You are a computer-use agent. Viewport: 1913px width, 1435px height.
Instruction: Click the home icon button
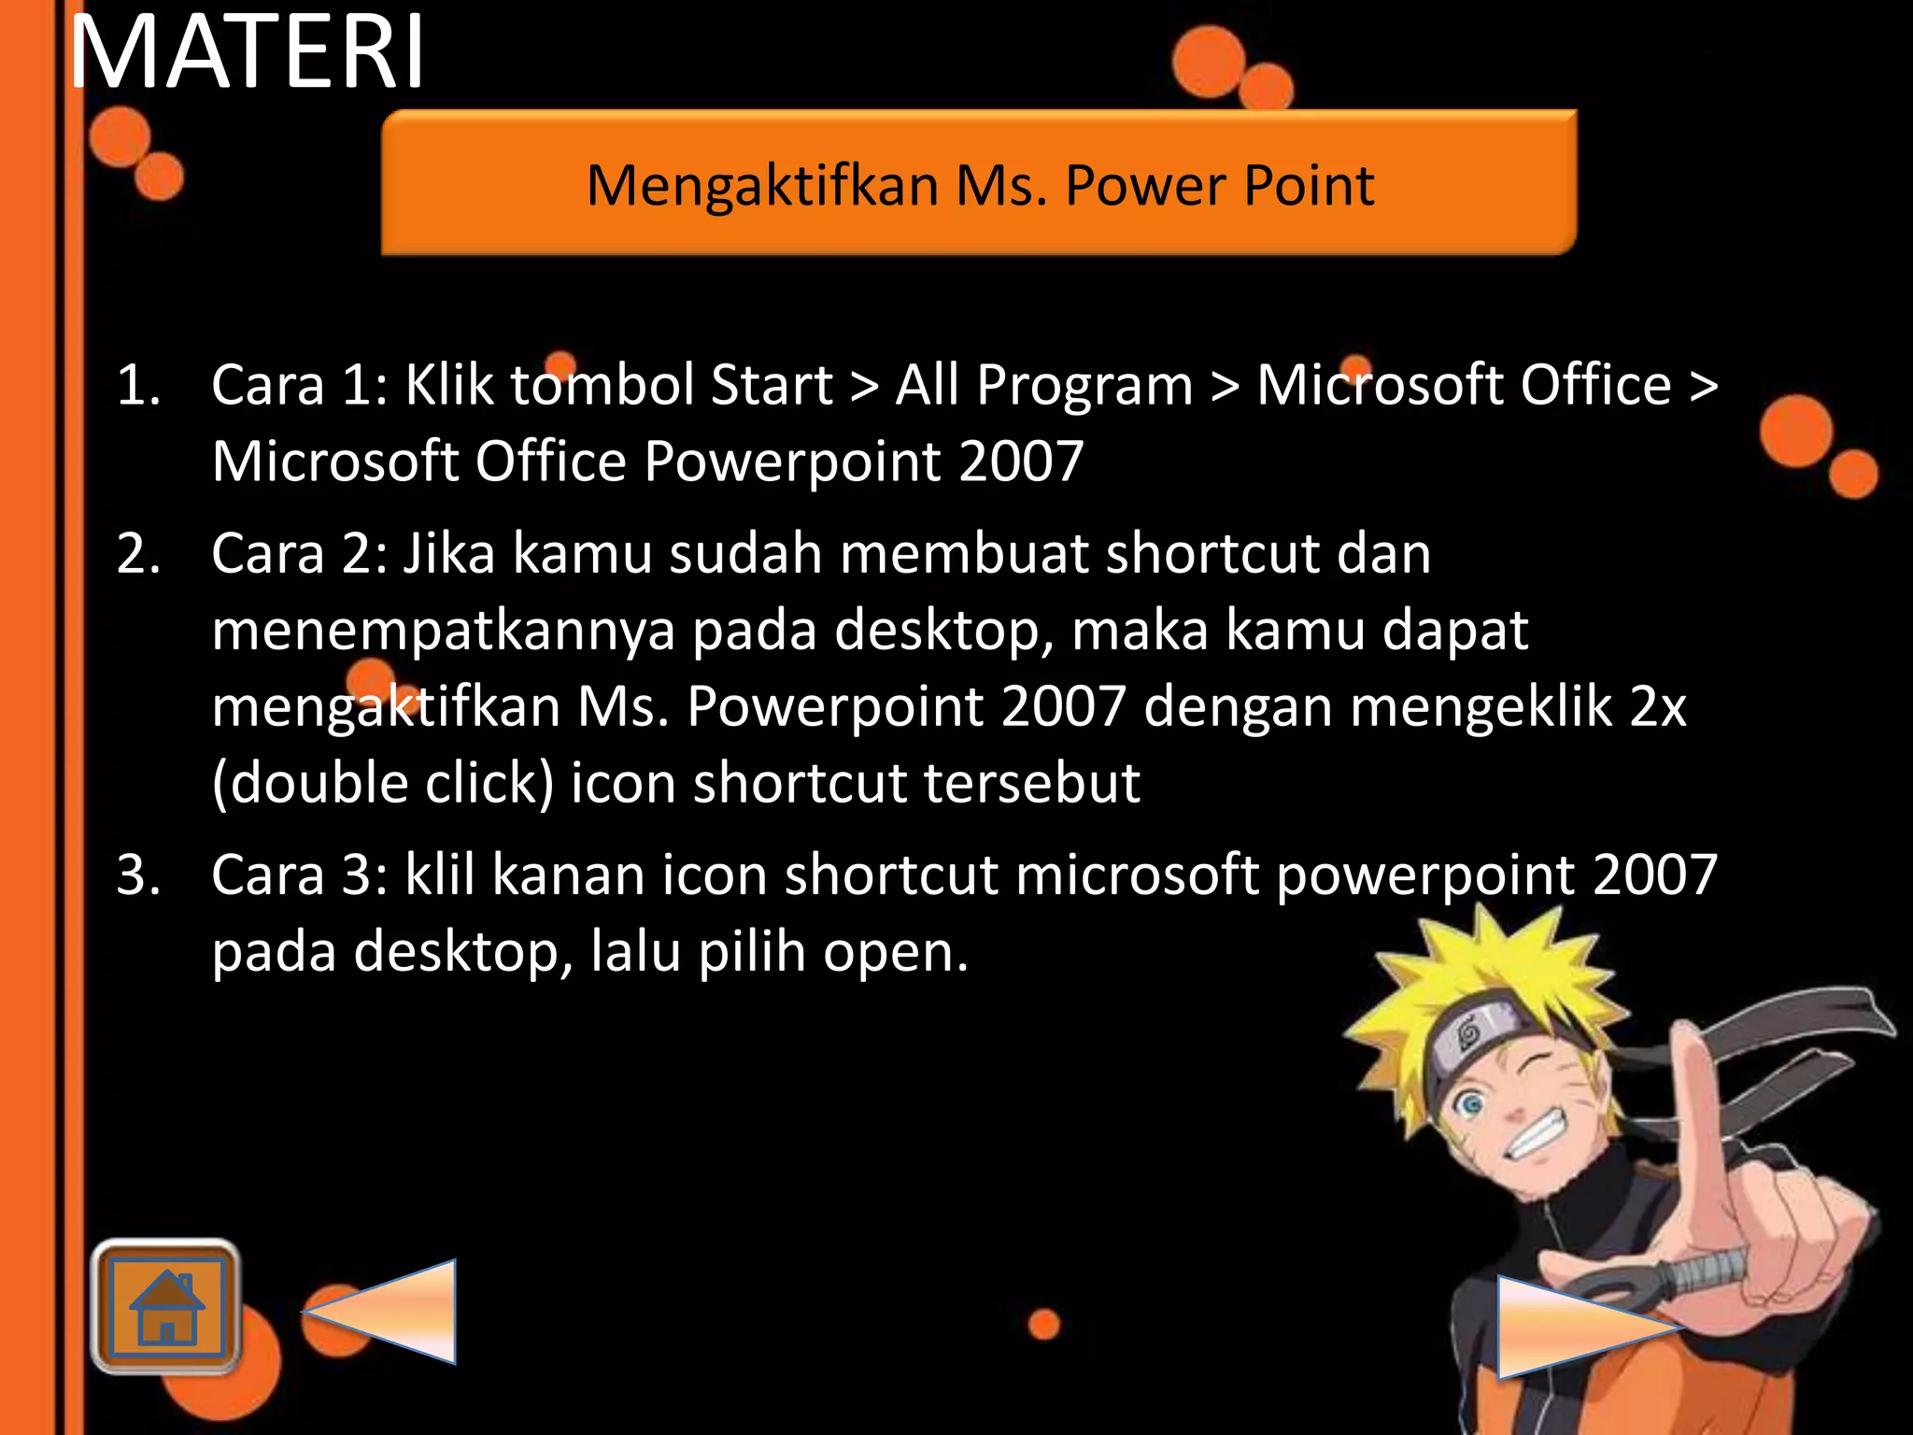coord(166,1306)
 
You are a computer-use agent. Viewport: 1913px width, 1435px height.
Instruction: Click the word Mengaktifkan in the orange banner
coord(762,185)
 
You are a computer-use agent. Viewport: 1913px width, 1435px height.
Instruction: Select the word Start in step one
coord(772,385)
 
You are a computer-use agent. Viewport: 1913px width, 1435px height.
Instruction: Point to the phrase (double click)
coord(383,783)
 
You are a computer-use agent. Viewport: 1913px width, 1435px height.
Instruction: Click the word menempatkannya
coord(443,631)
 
